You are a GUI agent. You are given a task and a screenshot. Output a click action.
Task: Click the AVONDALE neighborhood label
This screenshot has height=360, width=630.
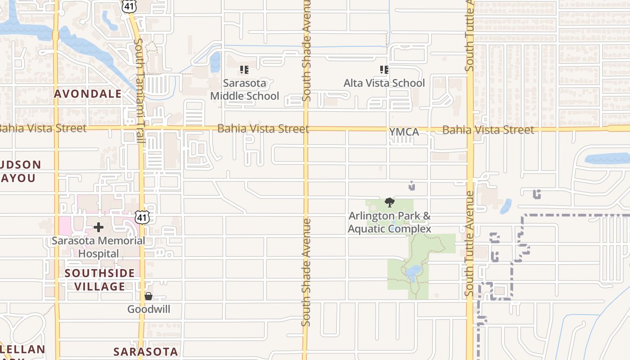[88, 94]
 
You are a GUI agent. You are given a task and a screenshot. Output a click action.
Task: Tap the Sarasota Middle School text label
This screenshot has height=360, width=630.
[244, 90]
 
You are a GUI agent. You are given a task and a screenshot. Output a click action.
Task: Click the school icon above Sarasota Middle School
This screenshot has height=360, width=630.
[244, 70]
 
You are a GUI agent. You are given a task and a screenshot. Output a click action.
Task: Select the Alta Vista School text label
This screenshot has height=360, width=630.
[384, 83]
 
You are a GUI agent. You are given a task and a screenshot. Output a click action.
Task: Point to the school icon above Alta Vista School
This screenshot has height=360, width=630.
[384, 69]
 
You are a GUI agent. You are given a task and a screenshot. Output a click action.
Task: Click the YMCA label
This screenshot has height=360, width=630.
[404, 132]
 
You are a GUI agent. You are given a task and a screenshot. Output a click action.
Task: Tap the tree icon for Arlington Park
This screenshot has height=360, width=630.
[390, 202]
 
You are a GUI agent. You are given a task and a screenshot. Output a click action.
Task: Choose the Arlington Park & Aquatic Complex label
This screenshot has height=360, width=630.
[390, 222]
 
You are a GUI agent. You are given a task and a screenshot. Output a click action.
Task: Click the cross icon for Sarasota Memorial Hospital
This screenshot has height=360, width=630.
[99, 227]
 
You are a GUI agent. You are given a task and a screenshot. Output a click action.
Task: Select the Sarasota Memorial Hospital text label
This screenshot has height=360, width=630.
[98, 247]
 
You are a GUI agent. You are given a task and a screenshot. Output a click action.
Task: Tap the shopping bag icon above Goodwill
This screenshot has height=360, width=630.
[148, 296]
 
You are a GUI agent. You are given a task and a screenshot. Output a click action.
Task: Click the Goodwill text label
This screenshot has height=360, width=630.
[148, 310]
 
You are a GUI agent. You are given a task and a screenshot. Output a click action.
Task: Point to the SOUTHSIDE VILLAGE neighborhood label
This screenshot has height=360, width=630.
[99, 279]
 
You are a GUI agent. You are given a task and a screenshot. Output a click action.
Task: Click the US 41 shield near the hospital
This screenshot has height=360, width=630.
[142, 218]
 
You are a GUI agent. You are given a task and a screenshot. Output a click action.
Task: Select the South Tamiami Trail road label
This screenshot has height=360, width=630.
[139, 90]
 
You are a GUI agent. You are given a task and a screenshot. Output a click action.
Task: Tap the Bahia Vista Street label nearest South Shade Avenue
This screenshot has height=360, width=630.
[263, 129]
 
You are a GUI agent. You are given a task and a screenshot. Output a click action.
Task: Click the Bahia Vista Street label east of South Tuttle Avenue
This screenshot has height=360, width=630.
[488, 130]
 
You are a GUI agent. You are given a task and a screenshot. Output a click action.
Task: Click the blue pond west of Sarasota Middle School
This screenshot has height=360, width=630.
[216, 62]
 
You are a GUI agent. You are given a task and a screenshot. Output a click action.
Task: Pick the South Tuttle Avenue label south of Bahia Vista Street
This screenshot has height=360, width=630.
[469, 243]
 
